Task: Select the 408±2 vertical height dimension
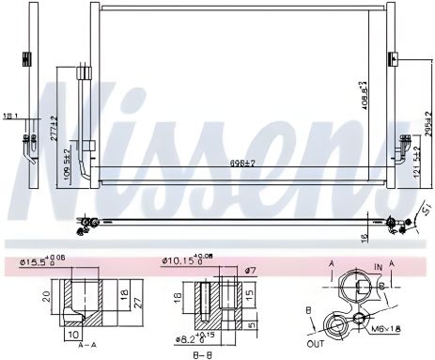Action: click(363, 95)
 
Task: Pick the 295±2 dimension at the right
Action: click(426, 125)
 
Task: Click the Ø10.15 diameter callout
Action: click(188, 260)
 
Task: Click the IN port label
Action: click(376, 267)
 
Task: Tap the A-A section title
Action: click(84, 344)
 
